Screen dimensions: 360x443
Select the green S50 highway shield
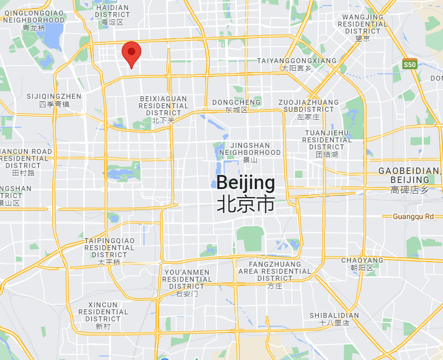410,64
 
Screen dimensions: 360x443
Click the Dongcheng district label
236,105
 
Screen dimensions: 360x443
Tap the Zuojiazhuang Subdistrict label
308,109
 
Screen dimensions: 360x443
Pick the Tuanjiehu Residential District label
327,143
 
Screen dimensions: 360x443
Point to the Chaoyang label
362,264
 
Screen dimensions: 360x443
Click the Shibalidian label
334,319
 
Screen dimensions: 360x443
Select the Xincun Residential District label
103,315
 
